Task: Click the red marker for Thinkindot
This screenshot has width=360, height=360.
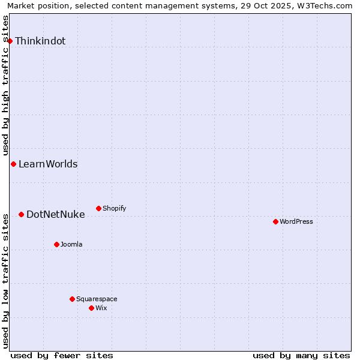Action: pyautogui.click(x=10, y=41)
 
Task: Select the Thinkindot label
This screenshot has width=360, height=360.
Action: pyautogui.click(x=40, y=41)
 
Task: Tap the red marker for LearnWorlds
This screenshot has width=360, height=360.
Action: pyautogui.click(x=13, y=164)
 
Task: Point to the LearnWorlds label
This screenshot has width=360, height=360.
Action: pyautogui.click(x=48, y=164)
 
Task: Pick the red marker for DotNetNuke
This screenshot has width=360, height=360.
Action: pyautogui.click(x=21, y=214)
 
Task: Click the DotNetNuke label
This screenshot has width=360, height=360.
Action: pyautogui.click(x=56, y=215)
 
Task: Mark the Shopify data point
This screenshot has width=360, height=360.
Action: pyautogui.click(x=98, y=208)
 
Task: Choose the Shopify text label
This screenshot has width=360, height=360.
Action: pyautogui.click(x=114, y=209)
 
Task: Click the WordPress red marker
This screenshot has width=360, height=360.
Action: pyautogui.click(x=275, y=221)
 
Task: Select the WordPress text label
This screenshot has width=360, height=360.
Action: pyautogui.click(x=296, y=222)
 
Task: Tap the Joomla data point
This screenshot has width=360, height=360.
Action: pyautogui.click(x=56, y=244)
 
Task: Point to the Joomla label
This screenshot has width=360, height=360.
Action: pyautogui.click(x=71, y=245)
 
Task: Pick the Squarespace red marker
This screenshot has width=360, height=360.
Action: pyautogui.click(x=72, y=299)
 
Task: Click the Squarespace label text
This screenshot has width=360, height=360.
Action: pyautogui.click(x=97, y=299)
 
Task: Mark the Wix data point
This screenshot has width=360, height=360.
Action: pyautogui.click(x=91, y=308)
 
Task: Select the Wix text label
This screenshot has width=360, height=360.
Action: pyautogui.click(x=101, y=308)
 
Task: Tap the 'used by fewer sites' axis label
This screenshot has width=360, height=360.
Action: pyautogui.click(x=62, y=355)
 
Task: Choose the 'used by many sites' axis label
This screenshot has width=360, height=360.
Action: pyautogui.click(x=301, y=355)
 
